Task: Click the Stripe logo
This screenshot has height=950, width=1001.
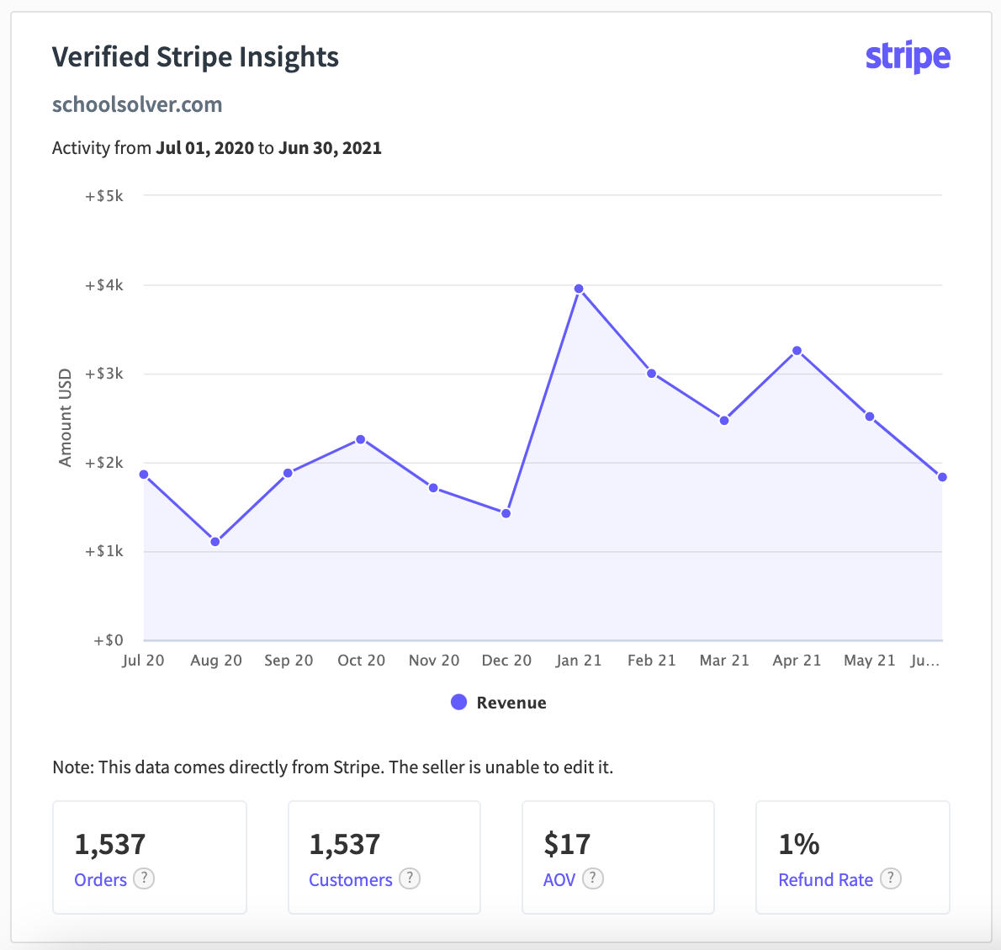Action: coord(908,57)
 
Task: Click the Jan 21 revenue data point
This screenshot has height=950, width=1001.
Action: coord(579,289)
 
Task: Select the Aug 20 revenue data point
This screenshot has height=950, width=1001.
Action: coord(215,542)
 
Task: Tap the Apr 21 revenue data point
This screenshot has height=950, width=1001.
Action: coord(797,351)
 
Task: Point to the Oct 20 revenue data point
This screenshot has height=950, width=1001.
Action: coord(361,439)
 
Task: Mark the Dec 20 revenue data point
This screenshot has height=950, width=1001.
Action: coord(506,513)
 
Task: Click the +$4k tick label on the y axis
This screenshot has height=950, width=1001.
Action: coord(103,285)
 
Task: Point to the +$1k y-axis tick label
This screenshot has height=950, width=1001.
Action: coord(103,551)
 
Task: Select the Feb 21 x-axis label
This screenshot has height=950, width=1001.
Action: coord(651,661)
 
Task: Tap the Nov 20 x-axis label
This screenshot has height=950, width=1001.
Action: coord(434,661)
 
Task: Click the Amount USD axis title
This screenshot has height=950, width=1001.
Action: coord(66,417)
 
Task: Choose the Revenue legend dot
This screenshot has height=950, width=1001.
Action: coord(458,702)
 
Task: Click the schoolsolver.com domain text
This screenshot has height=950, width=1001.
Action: coord(137,104)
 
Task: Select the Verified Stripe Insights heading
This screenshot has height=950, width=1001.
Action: coord(195,57)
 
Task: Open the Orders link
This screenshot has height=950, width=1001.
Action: coord(100,879)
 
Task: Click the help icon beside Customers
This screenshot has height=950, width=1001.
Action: coord(410,878)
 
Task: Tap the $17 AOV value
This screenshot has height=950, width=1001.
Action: coord(567,844)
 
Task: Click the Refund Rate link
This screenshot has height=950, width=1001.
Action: coord(825,879)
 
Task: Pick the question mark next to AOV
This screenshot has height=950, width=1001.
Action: coord(593,878)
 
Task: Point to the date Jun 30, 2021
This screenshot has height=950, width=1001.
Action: coord(330,148)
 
